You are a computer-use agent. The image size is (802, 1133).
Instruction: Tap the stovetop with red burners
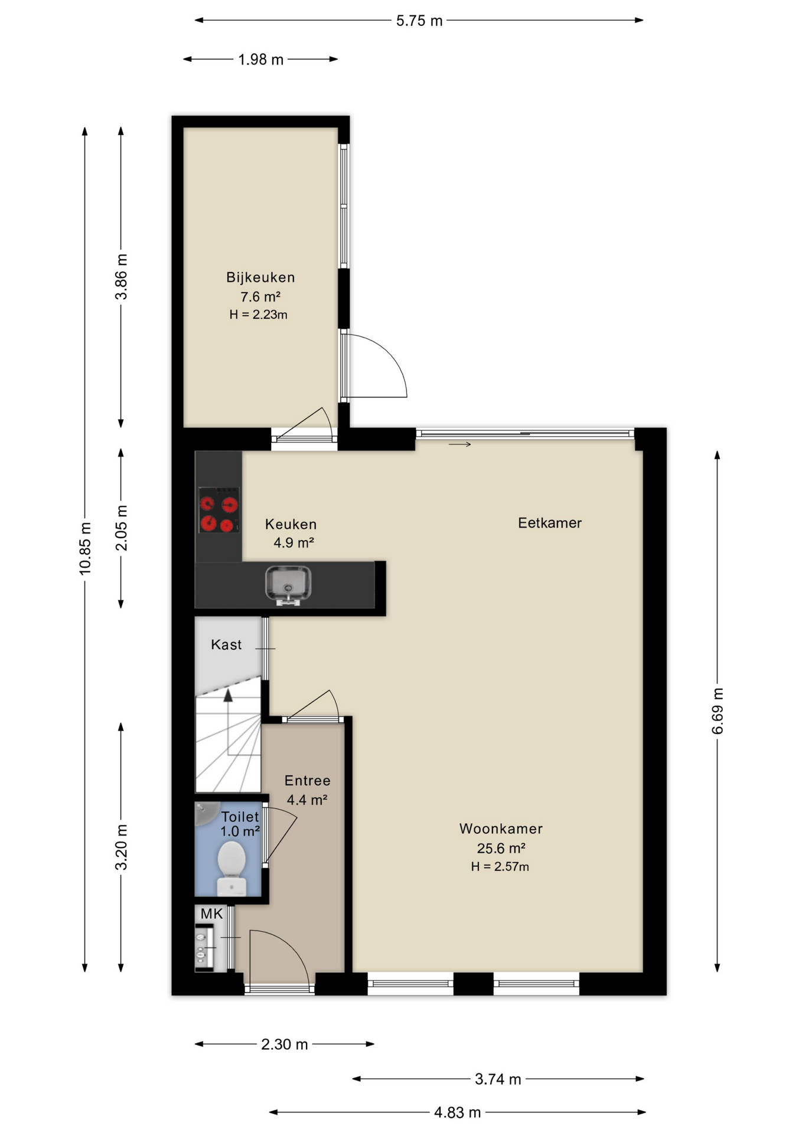(x=219, y=510)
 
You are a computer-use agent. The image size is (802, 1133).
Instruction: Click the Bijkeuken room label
(x=260, y=277)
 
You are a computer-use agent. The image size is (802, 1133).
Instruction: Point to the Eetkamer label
(x=550, y=523)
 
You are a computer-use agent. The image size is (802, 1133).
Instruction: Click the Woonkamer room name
(x=501, y=829)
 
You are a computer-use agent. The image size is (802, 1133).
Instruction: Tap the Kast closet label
(x=226, y=644)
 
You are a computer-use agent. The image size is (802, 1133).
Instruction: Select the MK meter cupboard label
(x=211, y=914)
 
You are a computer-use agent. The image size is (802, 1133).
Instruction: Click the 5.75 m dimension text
(x=419, y=21)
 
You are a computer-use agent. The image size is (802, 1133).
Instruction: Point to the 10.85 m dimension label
(x=85, y=548)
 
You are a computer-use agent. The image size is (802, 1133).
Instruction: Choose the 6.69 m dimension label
(x=718, y=711)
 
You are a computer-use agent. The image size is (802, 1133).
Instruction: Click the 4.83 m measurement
(x=458, y=1112)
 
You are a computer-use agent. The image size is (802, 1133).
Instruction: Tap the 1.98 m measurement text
(x=261, y=60)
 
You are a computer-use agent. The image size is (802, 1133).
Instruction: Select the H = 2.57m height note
(x=500, y=866)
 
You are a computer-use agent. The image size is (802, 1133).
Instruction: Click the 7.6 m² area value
(x=260, y=296)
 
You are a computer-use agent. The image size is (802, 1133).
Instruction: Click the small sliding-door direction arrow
(x=460, y=444)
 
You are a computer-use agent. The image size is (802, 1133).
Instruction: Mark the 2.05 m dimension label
(x=121, y=528)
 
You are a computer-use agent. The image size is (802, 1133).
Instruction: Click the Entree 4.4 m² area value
(x=307, y=800)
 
